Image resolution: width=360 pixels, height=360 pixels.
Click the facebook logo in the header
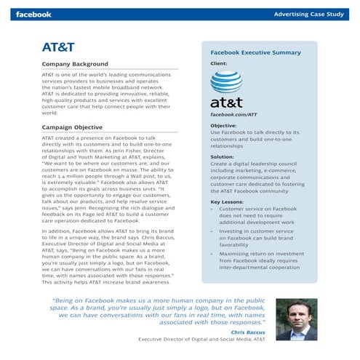pyautogui.click(x=33, y=14)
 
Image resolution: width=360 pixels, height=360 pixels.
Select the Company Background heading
pyautogui.click(x=75, y=64)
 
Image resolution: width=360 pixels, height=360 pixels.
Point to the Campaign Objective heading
pyautogui.click(x=72, y=127)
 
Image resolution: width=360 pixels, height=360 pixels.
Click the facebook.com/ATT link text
pyautogui.click(x=233, y=115)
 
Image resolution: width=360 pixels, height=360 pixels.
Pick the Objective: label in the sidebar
pyautogui.click(x=223, y=126)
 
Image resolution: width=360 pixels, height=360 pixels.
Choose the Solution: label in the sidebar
pyautogui.click(x=222, y=156)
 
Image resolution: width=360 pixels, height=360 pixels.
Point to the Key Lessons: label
pyautogui.click(x=227, y=202)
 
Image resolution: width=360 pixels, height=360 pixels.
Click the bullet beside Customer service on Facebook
pyautogui.click(x=212, y=209)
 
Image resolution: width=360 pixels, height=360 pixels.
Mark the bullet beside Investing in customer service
pyautogui.click(x=212, y=231)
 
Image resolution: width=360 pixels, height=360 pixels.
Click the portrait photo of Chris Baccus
pyautogui.click(x=297, y=319)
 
